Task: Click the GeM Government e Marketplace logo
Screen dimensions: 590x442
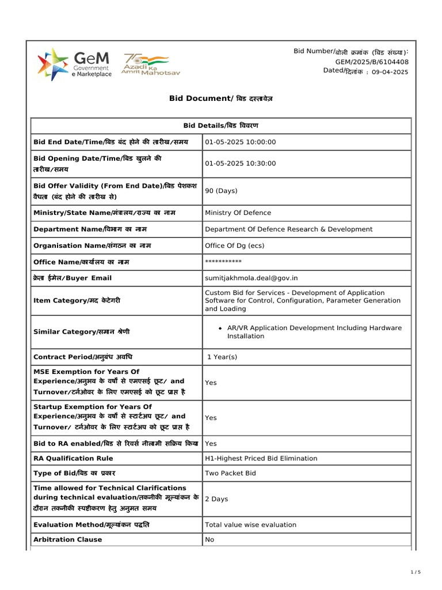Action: [75, 64]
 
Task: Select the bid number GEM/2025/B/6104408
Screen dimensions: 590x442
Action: [372, 62]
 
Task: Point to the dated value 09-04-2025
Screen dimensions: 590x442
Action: [390, 71]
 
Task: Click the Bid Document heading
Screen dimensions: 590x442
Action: [221, 99]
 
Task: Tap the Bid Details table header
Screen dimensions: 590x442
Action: [221, 126]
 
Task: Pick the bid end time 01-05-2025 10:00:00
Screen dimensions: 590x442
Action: [241, 142]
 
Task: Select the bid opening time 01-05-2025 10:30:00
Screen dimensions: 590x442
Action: [241, 164]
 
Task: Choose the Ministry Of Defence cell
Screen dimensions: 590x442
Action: [238, 213]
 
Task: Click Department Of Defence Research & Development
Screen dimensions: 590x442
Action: [288, 229]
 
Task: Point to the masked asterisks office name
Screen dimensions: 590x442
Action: [223, 262]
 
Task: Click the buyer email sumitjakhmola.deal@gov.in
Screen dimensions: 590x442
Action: [252, 278]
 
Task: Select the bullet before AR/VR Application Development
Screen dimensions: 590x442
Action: [220, 328]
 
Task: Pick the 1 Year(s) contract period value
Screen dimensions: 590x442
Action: [222, 357]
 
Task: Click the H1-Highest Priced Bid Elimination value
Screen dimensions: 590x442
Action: [261, 459]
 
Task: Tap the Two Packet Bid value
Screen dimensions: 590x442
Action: [231, 474]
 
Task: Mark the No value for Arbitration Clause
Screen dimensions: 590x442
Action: [209, 540]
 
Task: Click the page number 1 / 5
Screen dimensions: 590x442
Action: [416, 572]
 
